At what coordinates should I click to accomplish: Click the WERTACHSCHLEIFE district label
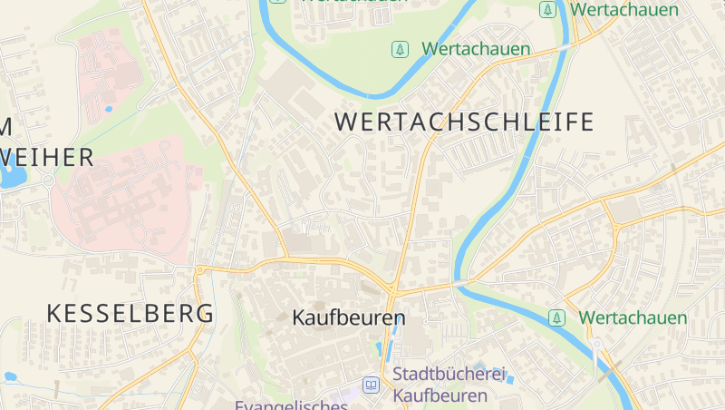[x=464, y=122]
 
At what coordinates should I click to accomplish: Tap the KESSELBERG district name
[x=130, y=314]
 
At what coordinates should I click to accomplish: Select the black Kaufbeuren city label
[x=349, y=318]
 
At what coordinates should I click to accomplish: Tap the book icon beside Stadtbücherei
[x=371, y=386]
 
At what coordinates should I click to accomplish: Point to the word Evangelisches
[x=291, y=405]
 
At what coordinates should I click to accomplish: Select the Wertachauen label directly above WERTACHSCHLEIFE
[x=476, y=49]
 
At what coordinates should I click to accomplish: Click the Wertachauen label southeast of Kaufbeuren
[x=633, y=317]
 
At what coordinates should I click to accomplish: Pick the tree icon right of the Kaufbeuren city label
[x=557, y=317]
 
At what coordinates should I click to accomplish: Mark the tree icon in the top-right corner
[x=547, y=10]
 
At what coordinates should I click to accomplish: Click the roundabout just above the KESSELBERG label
[x=199, y=269]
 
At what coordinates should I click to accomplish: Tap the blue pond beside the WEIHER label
[x=11, y=176]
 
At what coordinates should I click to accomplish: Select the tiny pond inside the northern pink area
[x=109, y=110]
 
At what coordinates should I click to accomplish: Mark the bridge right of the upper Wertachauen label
[x=569, y=44]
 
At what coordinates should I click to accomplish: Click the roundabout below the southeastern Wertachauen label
[x=595, y=345]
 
